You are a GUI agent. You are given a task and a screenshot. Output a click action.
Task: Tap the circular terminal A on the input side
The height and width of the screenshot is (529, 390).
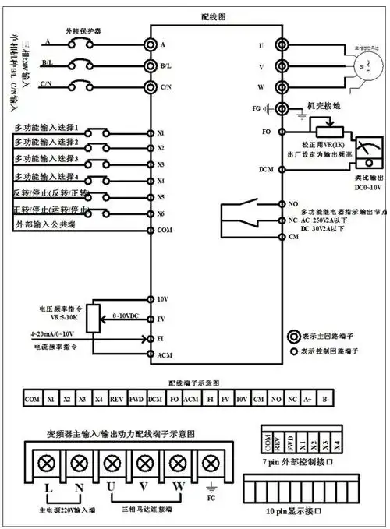click(151, 45)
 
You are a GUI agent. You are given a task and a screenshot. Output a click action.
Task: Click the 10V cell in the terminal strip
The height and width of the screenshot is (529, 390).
click(243, 399)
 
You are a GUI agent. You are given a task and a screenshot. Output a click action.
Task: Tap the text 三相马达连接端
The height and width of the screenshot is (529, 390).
click(144, 511)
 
